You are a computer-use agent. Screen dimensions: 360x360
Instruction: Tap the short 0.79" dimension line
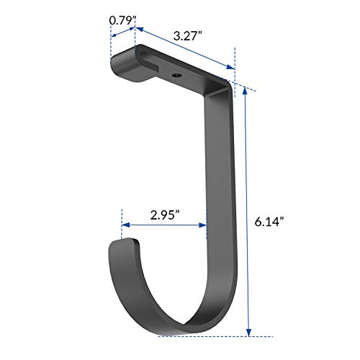[x=122, y=32]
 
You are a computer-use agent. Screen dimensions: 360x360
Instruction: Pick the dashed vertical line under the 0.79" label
[x=110, y=50]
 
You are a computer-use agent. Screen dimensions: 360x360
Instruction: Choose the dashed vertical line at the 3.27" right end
[x=235, y=54]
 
